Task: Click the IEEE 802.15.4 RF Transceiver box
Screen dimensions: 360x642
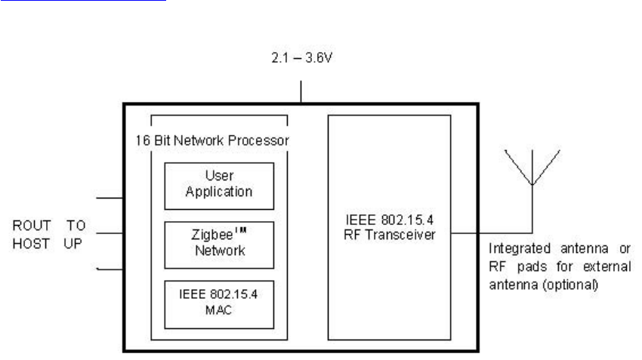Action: (389, 226)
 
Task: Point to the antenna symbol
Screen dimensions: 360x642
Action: (532, 168)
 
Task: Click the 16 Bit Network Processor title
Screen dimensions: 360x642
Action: (219, 140)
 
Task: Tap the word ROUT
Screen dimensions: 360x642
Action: (31, 226)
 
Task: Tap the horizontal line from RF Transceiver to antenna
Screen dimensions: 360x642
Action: (491, 232)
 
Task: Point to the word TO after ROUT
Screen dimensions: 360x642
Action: (76, 226)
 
